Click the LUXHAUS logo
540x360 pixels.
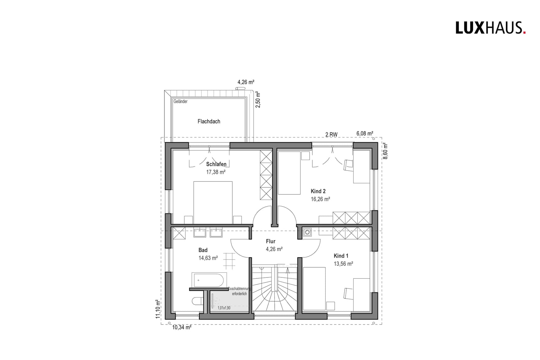pyautogui.click(x=490, y=28)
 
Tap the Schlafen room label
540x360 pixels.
pyautogui.click(x=216, y=164)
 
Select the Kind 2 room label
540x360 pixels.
pyautogui.click(x=318, y=191)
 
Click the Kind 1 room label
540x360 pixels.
pyautogui.click(x=341, y=256)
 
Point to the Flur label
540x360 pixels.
pyautogui.click(x=270, y=241)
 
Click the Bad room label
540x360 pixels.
pyautogui.click(x=203, y=250)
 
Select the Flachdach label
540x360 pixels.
pyautogui.click(x=209, y=121)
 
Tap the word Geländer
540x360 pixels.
pyautogui.click(x=181, y=101)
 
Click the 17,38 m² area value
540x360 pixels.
pyautogui.click(x=216, y=172)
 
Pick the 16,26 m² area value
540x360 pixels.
pyautogui.click(x=320, y=199)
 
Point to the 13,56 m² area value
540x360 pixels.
pyautogui.click(x=343, y=264)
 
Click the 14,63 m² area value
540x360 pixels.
pyautogui.click(x=208, y=258)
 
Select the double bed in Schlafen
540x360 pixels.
pyautogui.click(x=213, y=202)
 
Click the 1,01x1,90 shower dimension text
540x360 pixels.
pyautogui.click(x=224, y=308)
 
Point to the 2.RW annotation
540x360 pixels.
pyautogui.click(x=331, y=135)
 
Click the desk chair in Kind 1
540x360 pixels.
pyautogui.click(x=348, y=293)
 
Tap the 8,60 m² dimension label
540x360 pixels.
pyautogui.click(x=386, y=151)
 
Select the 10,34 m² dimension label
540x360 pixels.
pyautogui.click(x=182, y=327)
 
